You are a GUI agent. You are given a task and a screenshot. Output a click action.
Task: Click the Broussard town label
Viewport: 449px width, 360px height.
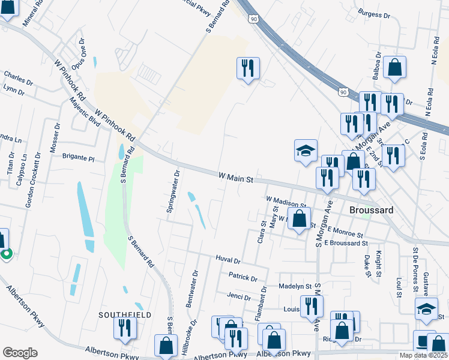371,211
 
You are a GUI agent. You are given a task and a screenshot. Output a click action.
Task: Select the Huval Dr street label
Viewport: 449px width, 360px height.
228,261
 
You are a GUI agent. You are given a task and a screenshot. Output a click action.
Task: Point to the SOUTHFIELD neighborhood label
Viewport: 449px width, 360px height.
125,314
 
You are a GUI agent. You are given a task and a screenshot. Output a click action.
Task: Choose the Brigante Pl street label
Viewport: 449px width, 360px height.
79,159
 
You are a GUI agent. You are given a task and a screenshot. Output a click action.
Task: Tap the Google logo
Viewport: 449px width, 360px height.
20,353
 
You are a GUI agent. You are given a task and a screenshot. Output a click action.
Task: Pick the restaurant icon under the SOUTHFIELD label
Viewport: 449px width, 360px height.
125,328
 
